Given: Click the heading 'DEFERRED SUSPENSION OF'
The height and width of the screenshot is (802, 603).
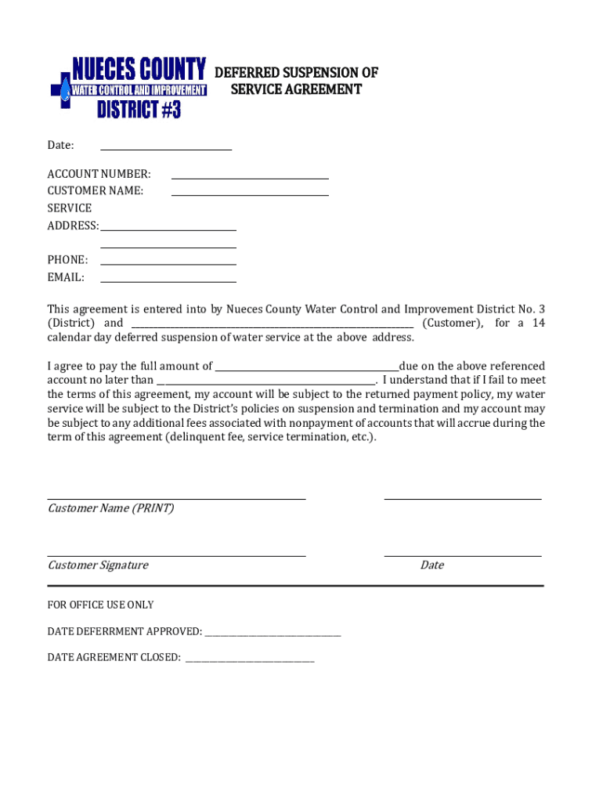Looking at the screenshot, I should tap(296, 73).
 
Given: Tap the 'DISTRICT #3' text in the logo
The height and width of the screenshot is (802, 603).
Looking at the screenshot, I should tap(139, 110).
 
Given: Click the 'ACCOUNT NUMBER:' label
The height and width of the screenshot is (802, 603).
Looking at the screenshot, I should tap(99, 174).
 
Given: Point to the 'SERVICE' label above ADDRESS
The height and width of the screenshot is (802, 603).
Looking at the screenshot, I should tap(69, 208).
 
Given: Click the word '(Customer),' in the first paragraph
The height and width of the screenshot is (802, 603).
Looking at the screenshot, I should tap(453, 323).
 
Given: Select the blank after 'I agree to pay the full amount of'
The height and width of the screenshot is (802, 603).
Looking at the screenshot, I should tap(306, 366).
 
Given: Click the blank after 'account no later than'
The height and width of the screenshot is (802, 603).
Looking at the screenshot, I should tap(266, 380).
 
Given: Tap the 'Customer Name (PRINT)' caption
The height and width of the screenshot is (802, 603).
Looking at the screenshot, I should tap(110, 508).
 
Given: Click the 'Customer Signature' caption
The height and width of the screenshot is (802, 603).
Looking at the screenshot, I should tap(98, 565).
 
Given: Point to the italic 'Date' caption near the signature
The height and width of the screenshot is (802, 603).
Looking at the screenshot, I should tap(431, 565).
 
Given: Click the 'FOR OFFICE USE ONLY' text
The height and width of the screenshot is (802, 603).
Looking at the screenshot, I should tap(100, 605).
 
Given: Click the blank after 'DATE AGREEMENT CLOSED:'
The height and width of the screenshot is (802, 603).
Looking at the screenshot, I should tap(249, 658).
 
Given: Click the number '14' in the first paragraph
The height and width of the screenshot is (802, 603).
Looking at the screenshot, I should tap(538, 323).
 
